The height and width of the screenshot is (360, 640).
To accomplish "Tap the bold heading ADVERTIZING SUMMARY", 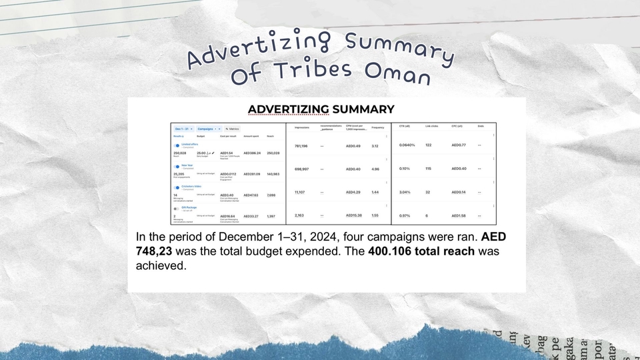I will click(x=321, y=109).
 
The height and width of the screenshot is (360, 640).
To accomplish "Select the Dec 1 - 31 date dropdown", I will click(x=183, y=129).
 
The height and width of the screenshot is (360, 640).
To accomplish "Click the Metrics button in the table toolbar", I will click(x=232, y=129).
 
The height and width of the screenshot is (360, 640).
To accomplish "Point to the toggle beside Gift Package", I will click(x=177, y=208).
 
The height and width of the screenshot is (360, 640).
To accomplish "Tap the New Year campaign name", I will click(x=187, y=165).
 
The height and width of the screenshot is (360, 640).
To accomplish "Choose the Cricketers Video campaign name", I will click(x=191, y=187).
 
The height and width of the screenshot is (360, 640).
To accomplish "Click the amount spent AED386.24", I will click(x=252, y=153).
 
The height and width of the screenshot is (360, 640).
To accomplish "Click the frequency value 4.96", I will click(x=375, y=169).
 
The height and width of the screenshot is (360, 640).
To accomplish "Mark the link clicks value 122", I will click(x=429, y=145).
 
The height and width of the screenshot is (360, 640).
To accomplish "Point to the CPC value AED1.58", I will click(x=459, y=215).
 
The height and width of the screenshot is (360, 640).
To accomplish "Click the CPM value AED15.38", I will click(x=354, y=215).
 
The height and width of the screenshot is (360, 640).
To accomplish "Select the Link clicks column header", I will click(x=432, y=127).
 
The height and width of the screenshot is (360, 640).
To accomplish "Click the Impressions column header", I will click(x=302, y=127).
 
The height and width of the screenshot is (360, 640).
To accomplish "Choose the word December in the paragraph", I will click(x=241, y=237).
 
